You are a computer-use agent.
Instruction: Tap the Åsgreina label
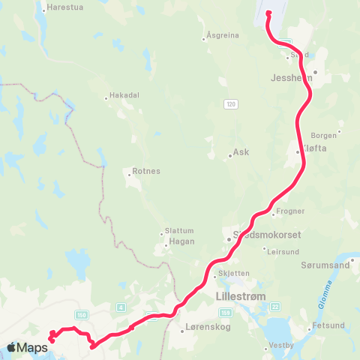pos(223,35)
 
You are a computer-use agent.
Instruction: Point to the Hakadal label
pos(124,95)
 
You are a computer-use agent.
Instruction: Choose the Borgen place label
pos(324,136)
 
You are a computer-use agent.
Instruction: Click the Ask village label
pos(241,151)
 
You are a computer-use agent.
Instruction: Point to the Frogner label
pos(290,211)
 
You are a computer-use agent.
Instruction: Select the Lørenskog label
pos(204,328)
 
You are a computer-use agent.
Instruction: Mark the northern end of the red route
pos(268,11)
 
